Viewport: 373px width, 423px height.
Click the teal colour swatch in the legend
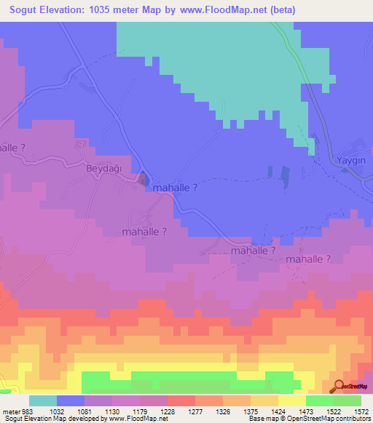pos(43,400)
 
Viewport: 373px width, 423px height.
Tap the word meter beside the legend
pos(9,411)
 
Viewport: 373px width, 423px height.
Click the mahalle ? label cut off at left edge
pos(12,148)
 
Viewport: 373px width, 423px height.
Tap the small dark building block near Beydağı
pos(144,180)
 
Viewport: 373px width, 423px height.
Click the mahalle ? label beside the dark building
pos(176,187)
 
